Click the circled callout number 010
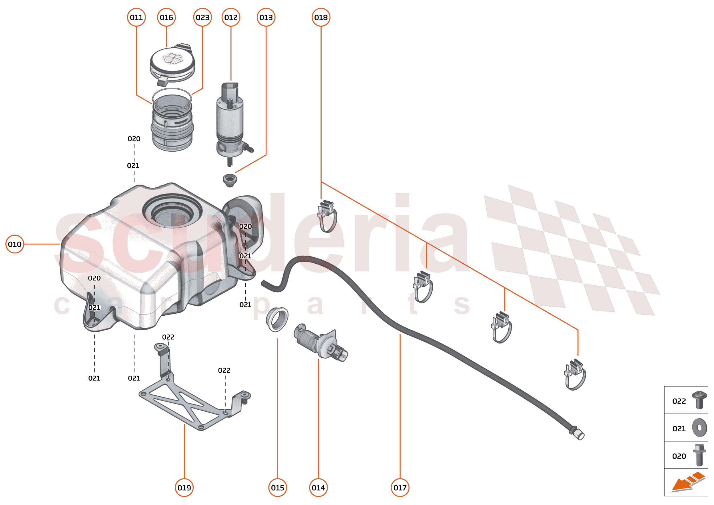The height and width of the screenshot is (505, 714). click(x=15, y=244)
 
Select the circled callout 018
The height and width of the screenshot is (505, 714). click(x=321, y=17)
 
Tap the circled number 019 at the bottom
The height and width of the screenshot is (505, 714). click(x=184, y=488)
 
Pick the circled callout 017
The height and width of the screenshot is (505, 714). click(x=400, y=488)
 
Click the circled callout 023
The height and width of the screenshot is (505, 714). click(x=202, y=17)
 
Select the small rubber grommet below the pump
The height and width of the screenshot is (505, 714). click(x=230, y=180)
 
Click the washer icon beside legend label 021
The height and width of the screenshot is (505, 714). click(x=699, y=428)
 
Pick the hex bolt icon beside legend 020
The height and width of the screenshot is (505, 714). click(x=699, y=455)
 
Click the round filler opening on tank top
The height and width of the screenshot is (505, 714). click(x=172, y=211)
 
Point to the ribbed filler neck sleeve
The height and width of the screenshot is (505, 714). click(x=172, y=124)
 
